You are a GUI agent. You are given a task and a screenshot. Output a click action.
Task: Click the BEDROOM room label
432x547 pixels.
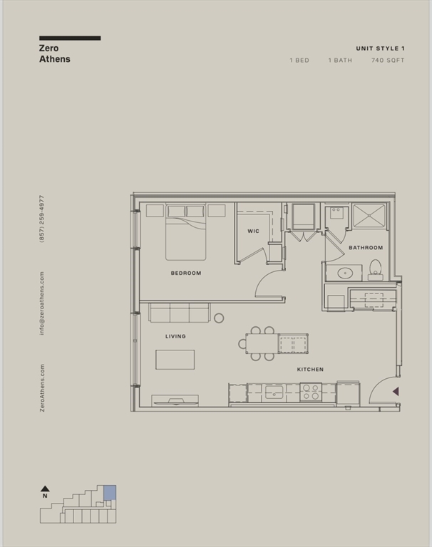pyautogui.click(x=186, y=273)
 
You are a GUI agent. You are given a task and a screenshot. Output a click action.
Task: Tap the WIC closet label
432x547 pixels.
pyautogui.click(x=253, y=231)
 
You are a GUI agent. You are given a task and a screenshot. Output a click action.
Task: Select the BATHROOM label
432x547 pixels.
pyautogui.click(x=366, y=248)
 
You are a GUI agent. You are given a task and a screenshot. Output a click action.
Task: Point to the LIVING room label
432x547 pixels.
pyautogui.click(x=175, y=336)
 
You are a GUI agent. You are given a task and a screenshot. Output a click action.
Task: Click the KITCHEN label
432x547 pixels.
pyautogui.click(x=310, y=370)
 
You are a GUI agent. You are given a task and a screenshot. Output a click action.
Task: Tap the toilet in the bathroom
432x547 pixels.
pyautogui.click(x=376, y=270)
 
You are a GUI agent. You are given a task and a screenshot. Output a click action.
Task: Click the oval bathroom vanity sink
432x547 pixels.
pyautogui.click(x=346, y=273)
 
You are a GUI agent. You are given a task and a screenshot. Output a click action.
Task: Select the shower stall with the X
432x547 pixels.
pyautogui.click(x=369, y=217)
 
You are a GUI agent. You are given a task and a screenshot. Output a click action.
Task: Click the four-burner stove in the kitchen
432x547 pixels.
pyautogui.click(x=311, y=392)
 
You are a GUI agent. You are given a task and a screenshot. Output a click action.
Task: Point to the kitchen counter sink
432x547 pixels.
pyautogui.click(x=274, y=392)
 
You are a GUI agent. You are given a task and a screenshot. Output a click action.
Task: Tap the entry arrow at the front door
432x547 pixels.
pyautogui.click(x=396, y=392)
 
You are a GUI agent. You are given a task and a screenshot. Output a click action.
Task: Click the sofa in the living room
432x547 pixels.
pyautogui.click(x=179, y=313)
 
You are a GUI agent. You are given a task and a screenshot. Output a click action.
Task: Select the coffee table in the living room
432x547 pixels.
pyautogui.click(x=175, y=360)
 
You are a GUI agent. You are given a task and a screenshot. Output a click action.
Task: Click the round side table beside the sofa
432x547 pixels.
pyautogui.click(x=219, y=318)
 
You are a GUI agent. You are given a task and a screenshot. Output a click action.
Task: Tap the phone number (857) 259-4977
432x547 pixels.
pyautogui.click(x=42, y=219)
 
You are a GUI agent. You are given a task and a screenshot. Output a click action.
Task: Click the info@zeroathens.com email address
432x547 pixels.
pyautogui.click(x=42, y=303)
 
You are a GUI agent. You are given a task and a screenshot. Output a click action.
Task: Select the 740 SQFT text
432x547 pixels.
pyautogui.click(x=388, y=61)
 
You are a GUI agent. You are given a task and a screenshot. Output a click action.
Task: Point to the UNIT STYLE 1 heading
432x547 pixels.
pyautogui.click(x=380, y=48)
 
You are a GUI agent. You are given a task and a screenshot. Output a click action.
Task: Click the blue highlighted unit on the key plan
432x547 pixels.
pyautogui.click(x=110, y=492)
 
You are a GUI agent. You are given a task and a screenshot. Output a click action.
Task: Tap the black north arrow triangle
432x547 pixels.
pyautogui.click(x=45, y=489)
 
